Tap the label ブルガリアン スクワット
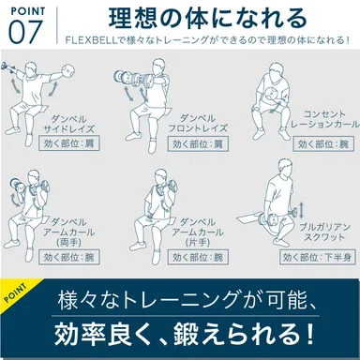click(322, 232)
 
